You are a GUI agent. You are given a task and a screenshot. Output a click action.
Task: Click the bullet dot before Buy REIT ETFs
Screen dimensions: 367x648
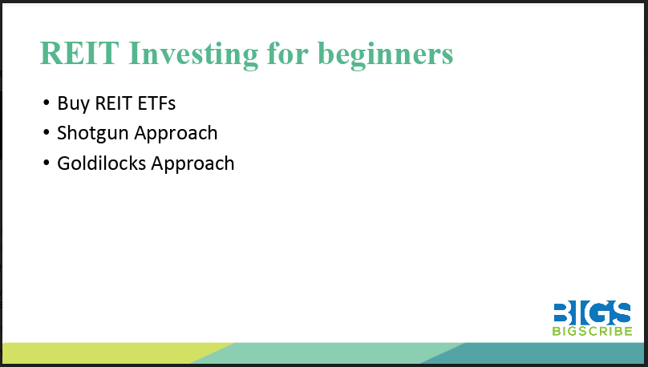click(46, 103)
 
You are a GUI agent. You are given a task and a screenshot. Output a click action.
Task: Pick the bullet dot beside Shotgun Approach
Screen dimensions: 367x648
click(46, 133)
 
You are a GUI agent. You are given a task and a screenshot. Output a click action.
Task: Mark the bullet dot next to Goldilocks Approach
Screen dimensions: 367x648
click(46, 163)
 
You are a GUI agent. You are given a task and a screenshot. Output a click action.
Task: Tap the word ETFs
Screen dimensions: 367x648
click(155, 103)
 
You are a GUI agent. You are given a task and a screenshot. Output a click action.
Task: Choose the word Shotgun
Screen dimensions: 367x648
click(91, 133)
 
